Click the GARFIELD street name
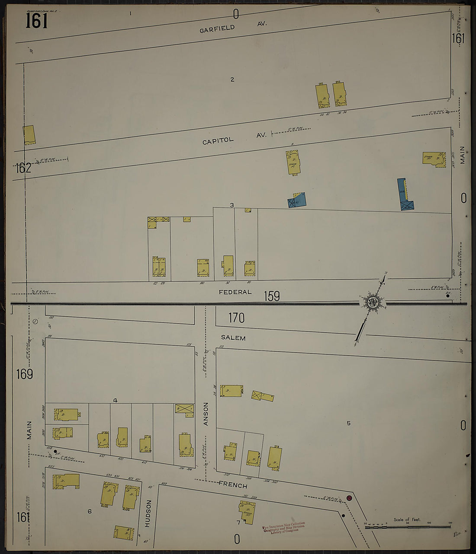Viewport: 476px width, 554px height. tap(217, 29)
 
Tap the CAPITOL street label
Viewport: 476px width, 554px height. tap(218, 140)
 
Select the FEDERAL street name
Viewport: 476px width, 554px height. tap(235, 292)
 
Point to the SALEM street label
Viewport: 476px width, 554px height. tap(233, 338)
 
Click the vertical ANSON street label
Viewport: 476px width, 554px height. tap(206, 414)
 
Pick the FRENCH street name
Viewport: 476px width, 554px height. tap(233, 485)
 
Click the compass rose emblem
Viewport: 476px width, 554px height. tap(372, 302)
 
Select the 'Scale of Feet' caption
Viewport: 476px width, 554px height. tap(407, 519)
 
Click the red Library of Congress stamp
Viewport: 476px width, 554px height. tap(284, 527)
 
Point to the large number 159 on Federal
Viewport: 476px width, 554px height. tap(272, 296)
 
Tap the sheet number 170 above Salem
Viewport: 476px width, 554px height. tap(236, 318)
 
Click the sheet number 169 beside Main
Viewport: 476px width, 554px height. tap(25, 374)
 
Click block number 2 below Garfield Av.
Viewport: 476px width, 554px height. tap(232, 79)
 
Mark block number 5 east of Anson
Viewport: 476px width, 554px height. tap(348, 423)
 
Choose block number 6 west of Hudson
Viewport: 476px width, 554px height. tap(90, 511)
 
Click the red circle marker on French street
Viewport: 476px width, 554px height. tap(349, 498)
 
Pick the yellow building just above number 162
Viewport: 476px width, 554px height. tap(29, 135)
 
